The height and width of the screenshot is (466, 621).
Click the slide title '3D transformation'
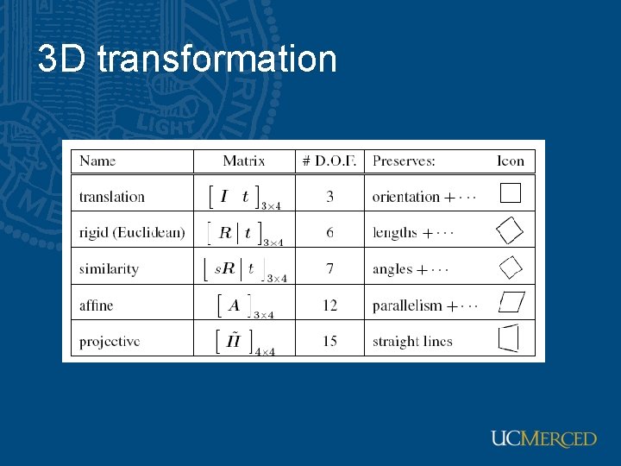187,60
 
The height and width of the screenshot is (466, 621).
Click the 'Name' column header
97,161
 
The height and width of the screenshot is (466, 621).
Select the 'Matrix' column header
244,161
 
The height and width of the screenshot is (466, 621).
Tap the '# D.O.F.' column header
329,161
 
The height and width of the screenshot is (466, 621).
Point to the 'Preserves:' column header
404,161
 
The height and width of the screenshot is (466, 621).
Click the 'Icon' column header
511,161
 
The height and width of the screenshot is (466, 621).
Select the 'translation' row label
112,197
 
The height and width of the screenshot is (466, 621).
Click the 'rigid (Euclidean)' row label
132,232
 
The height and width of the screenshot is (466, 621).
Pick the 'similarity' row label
109,269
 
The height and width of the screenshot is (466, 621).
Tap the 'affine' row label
96,305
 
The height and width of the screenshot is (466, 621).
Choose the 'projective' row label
110,342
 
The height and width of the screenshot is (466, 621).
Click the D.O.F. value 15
329,342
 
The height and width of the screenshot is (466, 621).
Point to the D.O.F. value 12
329,305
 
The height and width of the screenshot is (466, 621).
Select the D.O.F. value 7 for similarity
329,269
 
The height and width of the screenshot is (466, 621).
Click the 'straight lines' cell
412,342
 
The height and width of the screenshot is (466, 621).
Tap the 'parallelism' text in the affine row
407,305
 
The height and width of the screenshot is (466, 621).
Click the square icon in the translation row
511,192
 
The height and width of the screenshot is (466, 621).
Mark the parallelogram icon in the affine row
511,303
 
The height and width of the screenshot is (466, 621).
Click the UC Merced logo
543,438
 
